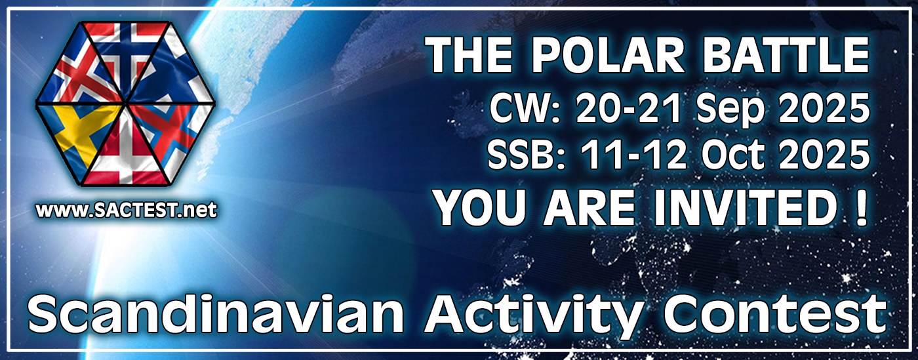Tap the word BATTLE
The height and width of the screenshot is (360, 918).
tap(786, 55)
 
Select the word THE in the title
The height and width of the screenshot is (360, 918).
tap(469, 55)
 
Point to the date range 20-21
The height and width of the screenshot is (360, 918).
tap(629, 108)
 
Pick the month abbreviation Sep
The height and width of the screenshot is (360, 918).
tap(730, 110)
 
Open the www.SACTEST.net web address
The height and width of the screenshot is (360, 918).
tap(126, 210)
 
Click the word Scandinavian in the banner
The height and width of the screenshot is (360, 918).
tap(216, 315)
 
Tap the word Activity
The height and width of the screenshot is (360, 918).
tap(532, 318)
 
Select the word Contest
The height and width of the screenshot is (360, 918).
tap(774, 315)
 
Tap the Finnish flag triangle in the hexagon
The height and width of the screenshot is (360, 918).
tap(172, 77)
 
